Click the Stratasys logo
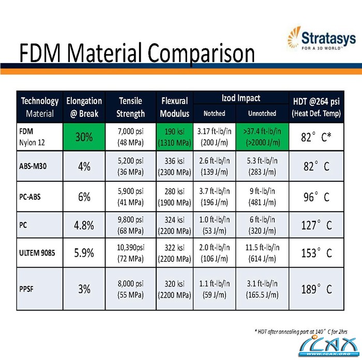(x=320, y=40)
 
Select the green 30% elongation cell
(x=85, y=137)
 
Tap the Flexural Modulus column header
(x=175, y=107)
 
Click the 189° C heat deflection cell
(x=316, y=289)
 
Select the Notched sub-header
(x=214, y=113)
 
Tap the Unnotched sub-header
(x=262, y=113)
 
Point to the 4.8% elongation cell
(x=85, y=225)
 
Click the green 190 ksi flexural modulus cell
(x=175, y=137)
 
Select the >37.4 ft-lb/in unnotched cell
(x=262, y=137)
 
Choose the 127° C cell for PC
(x=316, y=225)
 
